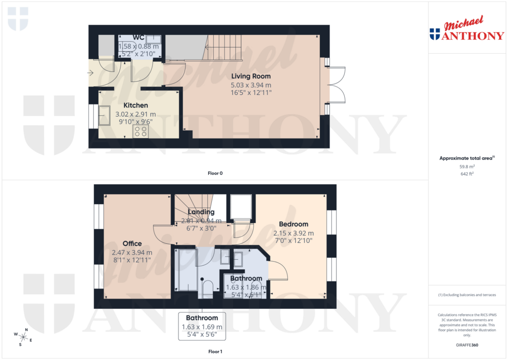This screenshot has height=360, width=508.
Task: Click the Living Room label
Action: pyautogui.click(x=251, y=76)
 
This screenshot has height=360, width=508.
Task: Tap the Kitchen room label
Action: pyautogui.click(x=135, y=105)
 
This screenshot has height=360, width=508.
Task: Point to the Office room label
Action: pyautogui.click(x=132, y=243)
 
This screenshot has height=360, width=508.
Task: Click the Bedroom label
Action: pyautogui.click(x=293, y=224)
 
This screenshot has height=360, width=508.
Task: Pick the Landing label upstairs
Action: pyautogui.click(x=201, y=212)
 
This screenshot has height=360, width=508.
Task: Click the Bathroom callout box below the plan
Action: pyautogui.click(x=202, y=326)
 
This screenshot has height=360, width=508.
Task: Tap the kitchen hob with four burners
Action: pyautogui.click(x=140, y=131)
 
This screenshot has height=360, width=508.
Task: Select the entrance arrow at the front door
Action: pyautogui.click(x=90, y=73)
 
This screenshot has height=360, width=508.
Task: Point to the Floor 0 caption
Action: pyautogui.click(x=215, y=173)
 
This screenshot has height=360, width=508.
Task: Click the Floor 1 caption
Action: pyautogui.click(x=215, y=352)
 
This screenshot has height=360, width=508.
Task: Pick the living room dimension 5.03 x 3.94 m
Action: pyautogui.click(x=251, y=85)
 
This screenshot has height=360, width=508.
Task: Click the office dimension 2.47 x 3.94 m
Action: pyautogui.click(x=132, y=252)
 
